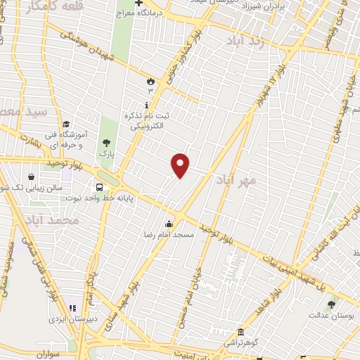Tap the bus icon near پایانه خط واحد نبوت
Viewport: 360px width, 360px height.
coord(100,188)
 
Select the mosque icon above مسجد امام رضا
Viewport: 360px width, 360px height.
coord(168,223)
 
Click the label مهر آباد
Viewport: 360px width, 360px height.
coord(253,181)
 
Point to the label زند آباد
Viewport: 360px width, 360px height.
coord(243,41)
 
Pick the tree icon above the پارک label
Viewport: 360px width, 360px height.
coord(106,143)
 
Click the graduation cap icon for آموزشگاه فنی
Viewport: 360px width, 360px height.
coord(65,124)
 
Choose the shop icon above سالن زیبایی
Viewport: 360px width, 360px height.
coord(31,177)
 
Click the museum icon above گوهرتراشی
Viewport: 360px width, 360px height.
coord(240,331)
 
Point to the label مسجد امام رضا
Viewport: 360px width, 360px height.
coord(168,233)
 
